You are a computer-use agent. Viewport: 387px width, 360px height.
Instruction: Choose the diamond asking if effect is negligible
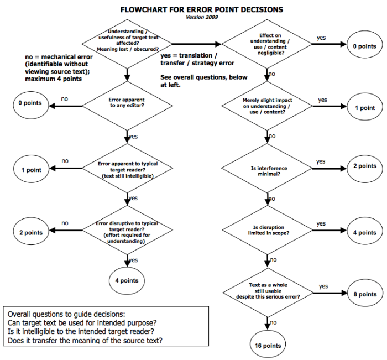[268, 44]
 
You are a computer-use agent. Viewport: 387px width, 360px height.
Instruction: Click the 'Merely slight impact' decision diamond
[268, 106]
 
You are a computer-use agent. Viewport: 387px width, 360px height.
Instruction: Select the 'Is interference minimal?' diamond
[268, 168]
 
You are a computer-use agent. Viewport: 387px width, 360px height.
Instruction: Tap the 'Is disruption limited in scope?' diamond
[268, 230]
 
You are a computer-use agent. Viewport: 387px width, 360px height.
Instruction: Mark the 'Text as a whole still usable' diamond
[268, 292]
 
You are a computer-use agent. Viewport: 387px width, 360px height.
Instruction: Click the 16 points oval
[268, 345]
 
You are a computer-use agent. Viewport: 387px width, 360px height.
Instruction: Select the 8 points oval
[365, 294]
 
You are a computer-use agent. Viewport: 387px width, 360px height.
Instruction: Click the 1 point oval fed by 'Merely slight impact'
[365, 108]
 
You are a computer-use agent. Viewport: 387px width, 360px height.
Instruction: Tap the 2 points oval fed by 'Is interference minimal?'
[365, 166]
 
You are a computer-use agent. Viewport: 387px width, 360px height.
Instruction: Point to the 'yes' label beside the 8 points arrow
[323, 286]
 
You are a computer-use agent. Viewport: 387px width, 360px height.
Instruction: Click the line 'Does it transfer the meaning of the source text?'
[88, 340]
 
